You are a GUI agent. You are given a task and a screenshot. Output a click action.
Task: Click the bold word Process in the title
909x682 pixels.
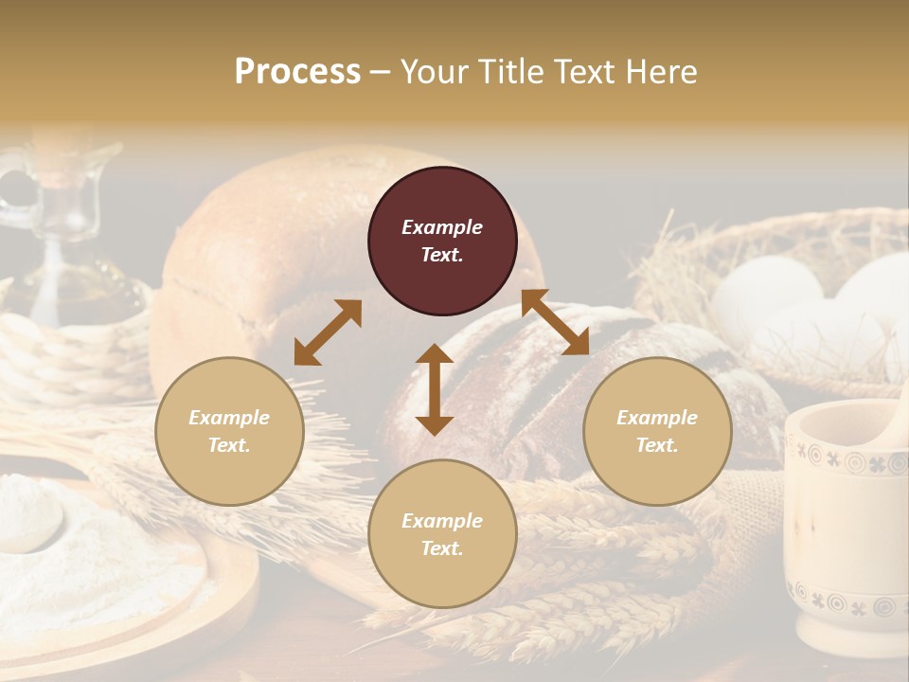click(x=297, y=72)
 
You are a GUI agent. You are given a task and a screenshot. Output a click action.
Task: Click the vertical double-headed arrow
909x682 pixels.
click(x=435, y=389)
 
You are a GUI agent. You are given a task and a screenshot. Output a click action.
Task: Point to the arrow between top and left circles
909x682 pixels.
click(x=328, y=332)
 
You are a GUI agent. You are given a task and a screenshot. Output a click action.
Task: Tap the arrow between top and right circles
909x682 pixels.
click(x=556, y=323)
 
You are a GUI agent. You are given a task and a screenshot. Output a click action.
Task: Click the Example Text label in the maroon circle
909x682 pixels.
click(x=442, y=241)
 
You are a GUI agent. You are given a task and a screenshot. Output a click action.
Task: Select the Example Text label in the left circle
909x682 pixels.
click(x=229, y=431)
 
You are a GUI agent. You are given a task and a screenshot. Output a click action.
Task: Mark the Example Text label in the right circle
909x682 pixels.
click(x=657, y=431)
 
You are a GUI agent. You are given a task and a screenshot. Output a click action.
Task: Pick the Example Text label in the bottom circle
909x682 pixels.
click(x=442, y=534)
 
